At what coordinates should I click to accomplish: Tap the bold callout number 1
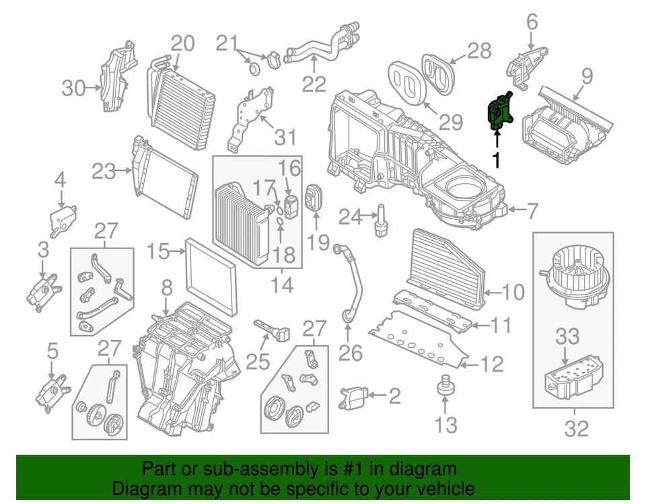click(497, 160)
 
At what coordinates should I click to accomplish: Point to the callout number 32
click(577, 427)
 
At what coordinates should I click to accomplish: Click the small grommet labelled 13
click(444, 386)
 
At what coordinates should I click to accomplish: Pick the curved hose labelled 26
click(352, 283)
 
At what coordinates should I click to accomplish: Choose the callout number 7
click(532, 212)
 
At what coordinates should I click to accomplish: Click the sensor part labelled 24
click(382, 220)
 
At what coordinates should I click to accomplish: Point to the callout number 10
click(513, 292)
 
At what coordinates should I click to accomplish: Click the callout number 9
click(587, 76)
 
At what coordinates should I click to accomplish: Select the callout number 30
click(75, 87)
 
